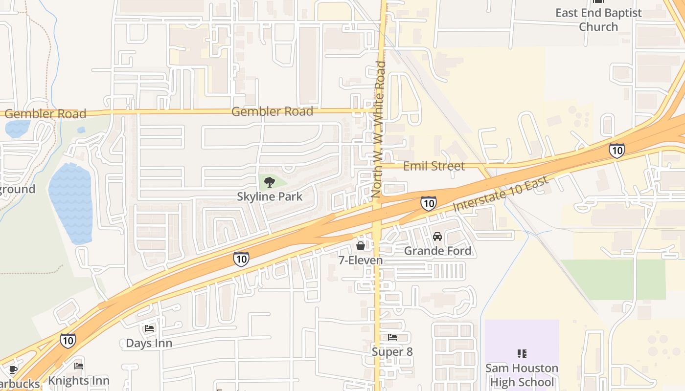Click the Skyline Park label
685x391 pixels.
tap(270, 196)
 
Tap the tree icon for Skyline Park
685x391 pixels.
tap(269, 183)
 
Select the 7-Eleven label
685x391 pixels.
tap(361, 260)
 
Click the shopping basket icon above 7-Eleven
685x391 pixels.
tap(361, 245)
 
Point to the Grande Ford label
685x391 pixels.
tap(437, 251)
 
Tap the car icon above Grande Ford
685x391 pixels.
tap(437, 237)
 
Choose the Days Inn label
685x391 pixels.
tap(149, 343)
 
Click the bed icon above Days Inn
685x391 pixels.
tap(149, 328)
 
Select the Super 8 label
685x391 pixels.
tap(392, 351)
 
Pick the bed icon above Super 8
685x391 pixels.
tap(392, 337)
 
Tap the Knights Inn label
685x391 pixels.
tap(78, 380)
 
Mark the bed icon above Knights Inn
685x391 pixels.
tap(78, 366)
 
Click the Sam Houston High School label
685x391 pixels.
tap(522, 375)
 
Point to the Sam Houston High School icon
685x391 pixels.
tap(522, 353)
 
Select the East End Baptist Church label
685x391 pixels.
tap(598, 20)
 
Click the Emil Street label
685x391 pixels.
tap(434, 166)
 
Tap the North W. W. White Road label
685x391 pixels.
tap(379, 130)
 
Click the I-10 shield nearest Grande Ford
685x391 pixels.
tap(428, 203)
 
